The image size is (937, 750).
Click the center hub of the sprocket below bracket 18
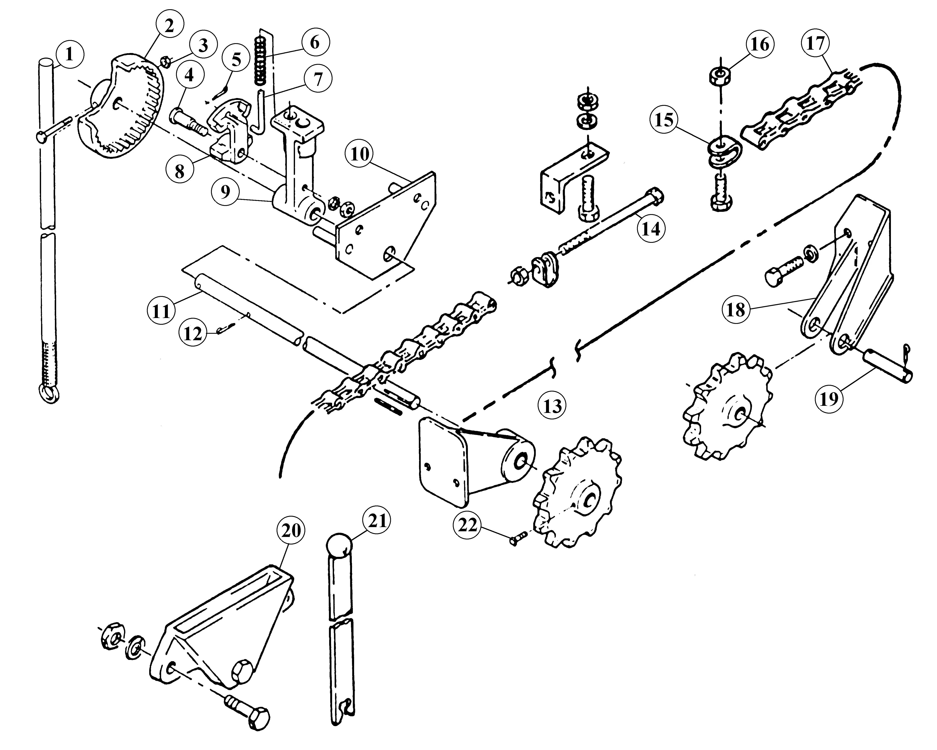739,413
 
